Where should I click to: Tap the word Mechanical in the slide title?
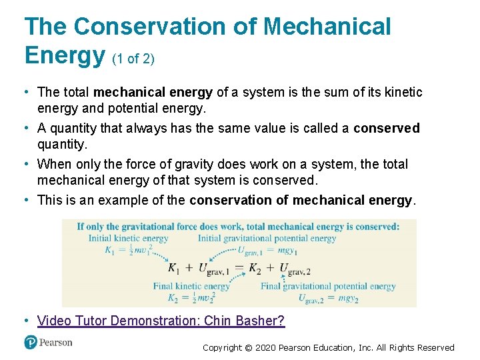[x=327, y=27]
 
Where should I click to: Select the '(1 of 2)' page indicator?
[x=133, y=59]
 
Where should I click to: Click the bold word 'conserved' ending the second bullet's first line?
[x=387, y=128]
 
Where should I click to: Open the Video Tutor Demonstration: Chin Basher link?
[x=161, y=321]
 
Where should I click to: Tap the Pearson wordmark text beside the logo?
[x=57, y=342]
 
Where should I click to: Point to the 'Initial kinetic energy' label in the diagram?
[x=128, y=238]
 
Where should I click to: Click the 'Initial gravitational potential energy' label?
[x=267, y=238]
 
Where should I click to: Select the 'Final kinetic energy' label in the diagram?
[x=191, y=287]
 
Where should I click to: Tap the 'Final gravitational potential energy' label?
[x=328, y=287]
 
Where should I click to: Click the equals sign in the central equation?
[x=239, y=269]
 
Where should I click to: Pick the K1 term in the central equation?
[x=174, y=269]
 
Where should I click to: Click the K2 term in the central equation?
[x=255, y=269]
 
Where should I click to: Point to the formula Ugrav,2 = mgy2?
[x=327, y=298]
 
